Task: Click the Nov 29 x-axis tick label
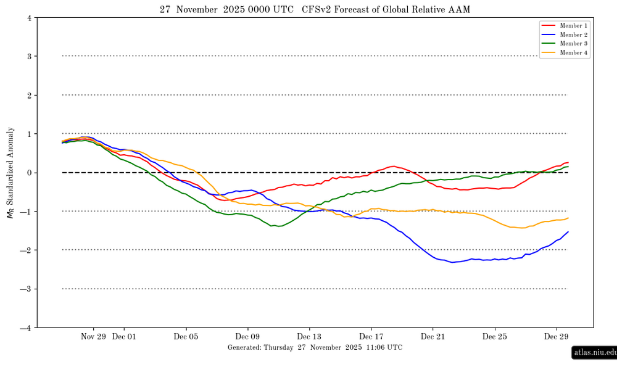(93, 337)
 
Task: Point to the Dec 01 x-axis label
(124, 337)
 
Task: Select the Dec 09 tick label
(248, 337)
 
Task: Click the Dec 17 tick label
(371, 337)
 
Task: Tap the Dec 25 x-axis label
(495, 337)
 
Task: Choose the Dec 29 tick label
(557, 337)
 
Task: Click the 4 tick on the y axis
(30, 18)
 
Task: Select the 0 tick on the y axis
(30, 173)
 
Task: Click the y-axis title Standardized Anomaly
(9, 173)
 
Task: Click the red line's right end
(568, 162)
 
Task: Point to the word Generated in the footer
(244, 347)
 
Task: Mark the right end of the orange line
(568, 218)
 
